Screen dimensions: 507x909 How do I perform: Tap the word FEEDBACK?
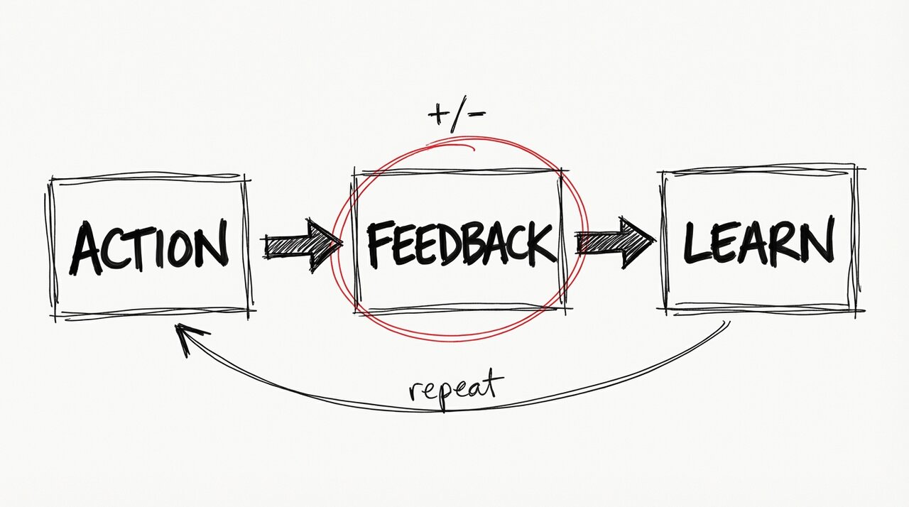(460, 243)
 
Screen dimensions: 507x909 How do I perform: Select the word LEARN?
(757, 241)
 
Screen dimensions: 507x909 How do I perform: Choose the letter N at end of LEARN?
(817, 240)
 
